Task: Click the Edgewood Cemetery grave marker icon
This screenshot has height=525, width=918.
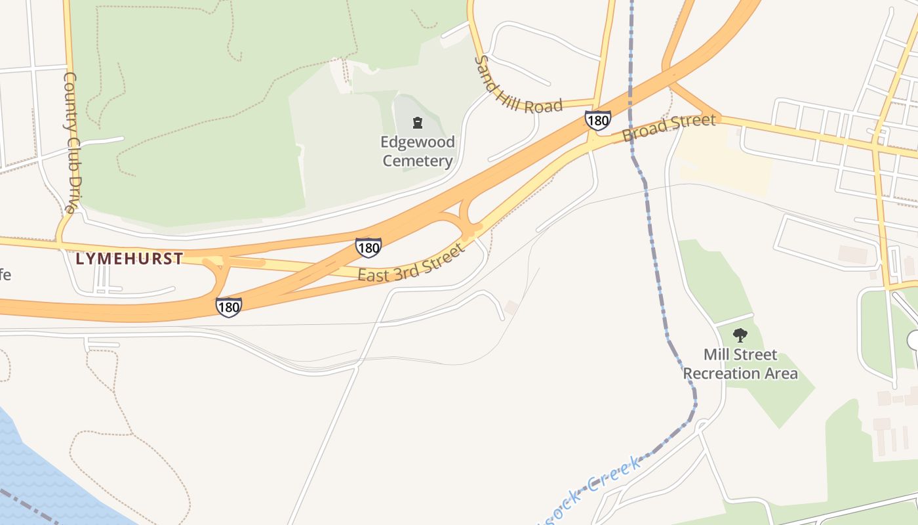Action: [417, 123]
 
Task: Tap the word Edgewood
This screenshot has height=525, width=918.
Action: [418, 142]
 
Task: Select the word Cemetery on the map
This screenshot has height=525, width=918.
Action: [418, 161]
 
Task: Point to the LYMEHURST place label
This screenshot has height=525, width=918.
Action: [129, 259]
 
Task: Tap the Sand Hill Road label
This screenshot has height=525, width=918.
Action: [518, 85]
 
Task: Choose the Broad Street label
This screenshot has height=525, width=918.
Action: [669, 127]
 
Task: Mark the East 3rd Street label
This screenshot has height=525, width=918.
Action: [412, 262]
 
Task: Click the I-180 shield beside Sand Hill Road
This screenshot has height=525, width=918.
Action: [598, 120]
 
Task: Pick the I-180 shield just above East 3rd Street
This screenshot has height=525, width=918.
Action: [369, 247]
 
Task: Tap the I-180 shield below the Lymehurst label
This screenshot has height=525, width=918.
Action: [229, 306]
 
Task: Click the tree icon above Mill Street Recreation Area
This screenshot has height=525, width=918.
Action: [740, 336]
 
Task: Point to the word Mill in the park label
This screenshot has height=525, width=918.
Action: [717, 355]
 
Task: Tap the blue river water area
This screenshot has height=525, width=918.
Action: [39, 472]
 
